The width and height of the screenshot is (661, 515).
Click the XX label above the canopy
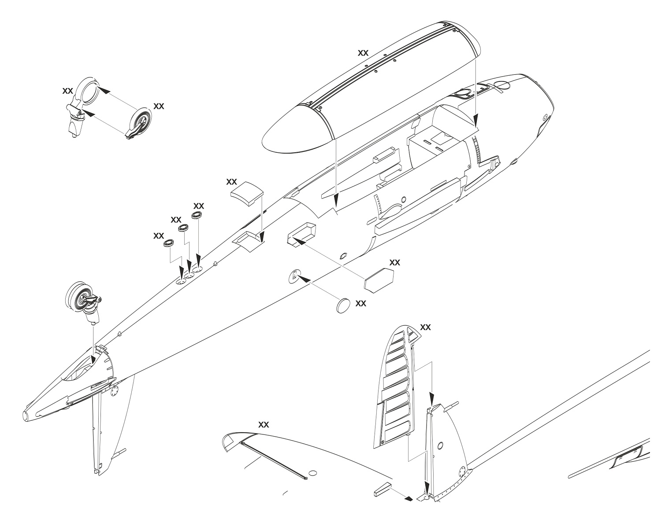pyautogui.click(x=363, y=52)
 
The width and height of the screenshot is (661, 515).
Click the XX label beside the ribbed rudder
pyautogui.click(x=426, y=327)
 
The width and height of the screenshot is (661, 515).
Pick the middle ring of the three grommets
pyautogui.click(x=183, y=228)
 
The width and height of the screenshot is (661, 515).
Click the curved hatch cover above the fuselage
pyautogui.click(x=247, y=192)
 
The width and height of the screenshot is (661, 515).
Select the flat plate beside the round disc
pyautogui.click(x=379, y=280)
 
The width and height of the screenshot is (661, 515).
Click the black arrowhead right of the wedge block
pyautogui.click(x=408, y=499)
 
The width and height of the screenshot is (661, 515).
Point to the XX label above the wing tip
pyautogui.click(x=264, y=425)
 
